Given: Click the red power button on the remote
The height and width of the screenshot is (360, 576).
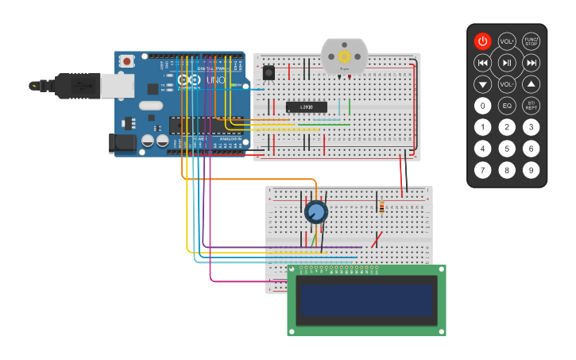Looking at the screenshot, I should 483,41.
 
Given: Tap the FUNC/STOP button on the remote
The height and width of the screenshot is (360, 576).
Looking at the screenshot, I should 532,41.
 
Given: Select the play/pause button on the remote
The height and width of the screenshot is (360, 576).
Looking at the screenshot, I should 507,63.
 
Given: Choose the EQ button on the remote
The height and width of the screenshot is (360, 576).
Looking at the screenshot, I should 507,105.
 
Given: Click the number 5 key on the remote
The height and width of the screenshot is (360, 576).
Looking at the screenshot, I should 507,148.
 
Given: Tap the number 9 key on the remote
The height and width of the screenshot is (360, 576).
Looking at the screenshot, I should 532,169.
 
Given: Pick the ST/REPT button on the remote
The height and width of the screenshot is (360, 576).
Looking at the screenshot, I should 532,105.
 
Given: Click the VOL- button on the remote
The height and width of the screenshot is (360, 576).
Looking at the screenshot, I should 507,83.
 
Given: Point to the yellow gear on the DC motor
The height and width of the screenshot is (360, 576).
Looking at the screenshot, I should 344,56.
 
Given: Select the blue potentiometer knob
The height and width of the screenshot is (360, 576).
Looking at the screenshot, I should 315,211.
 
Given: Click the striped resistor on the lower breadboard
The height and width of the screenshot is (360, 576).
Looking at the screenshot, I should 381,207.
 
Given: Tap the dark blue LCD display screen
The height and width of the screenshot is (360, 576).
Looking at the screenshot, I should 365,300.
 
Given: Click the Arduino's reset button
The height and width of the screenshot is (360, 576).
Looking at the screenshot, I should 127,60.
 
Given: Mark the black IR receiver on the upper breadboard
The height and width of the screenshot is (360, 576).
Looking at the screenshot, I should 269,72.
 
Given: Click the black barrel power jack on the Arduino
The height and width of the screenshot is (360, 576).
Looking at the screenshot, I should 122,143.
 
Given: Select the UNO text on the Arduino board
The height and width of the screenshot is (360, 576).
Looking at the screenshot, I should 215,80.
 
